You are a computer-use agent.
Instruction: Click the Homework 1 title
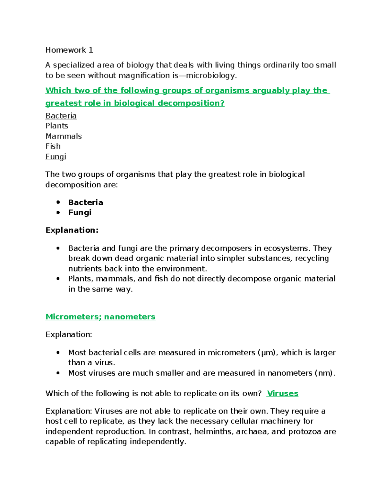point(69,50)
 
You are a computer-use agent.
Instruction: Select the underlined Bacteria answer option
point(61,116)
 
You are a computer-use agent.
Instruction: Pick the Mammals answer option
point(64,136)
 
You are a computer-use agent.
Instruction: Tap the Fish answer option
point(53,146)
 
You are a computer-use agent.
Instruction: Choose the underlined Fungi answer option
point(56,156)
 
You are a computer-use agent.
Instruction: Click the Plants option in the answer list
point(57,126)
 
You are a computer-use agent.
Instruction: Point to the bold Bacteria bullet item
point(86,202)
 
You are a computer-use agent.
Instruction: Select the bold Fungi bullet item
point(80,212)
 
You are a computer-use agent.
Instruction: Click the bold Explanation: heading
point(72,230)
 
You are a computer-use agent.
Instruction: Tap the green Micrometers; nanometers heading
point(100,317)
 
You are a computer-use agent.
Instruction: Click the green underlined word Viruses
point(283,393)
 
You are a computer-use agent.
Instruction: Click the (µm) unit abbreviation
point(268,352)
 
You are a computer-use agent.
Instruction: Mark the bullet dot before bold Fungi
point(58,212)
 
